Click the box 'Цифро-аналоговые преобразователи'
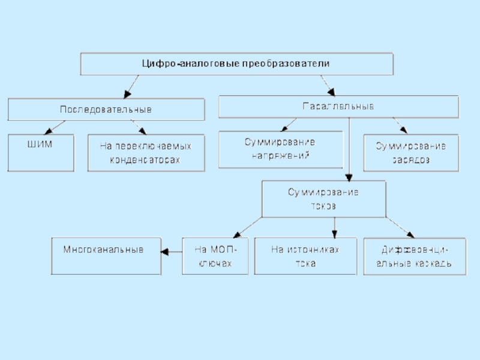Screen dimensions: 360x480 [237, 64]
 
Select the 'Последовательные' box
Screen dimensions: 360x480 [106, 109]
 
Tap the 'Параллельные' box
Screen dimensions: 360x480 [338, 106]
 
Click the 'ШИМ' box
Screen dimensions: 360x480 [41, 153]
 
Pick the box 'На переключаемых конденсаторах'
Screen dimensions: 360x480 [146, 153]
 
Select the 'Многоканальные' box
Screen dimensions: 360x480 [106, 256]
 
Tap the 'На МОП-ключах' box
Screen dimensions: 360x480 [215, 256]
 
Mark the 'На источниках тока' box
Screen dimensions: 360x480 [306, 256]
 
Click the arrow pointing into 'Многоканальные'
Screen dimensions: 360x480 [172, 252]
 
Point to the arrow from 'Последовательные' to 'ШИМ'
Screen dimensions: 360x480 [56, 127]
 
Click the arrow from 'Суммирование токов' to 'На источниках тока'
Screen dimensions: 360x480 [335, 227]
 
